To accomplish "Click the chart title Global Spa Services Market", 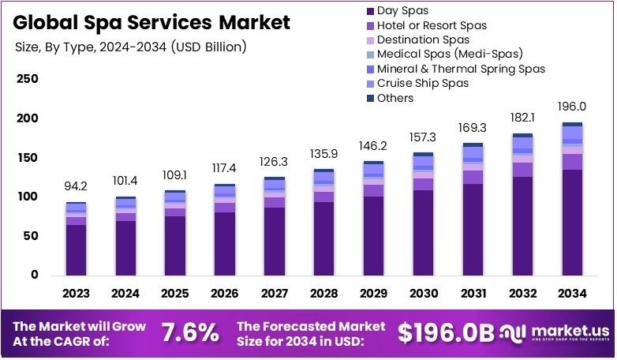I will pos(151,21).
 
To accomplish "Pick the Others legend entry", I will pos(395,98).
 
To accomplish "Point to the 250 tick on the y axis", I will pos(28,80).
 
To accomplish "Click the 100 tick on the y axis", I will pos(28,197).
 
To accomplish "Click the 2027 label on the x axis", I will pos(274,294).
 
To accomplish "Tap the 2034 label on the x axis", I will pos(572,294).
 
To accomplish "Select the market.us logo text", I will pos(561,330).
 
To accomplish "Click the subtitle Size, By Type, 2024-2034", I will pos(131,47).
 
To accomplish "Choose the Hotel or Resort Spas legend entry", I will pos(432,25).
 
